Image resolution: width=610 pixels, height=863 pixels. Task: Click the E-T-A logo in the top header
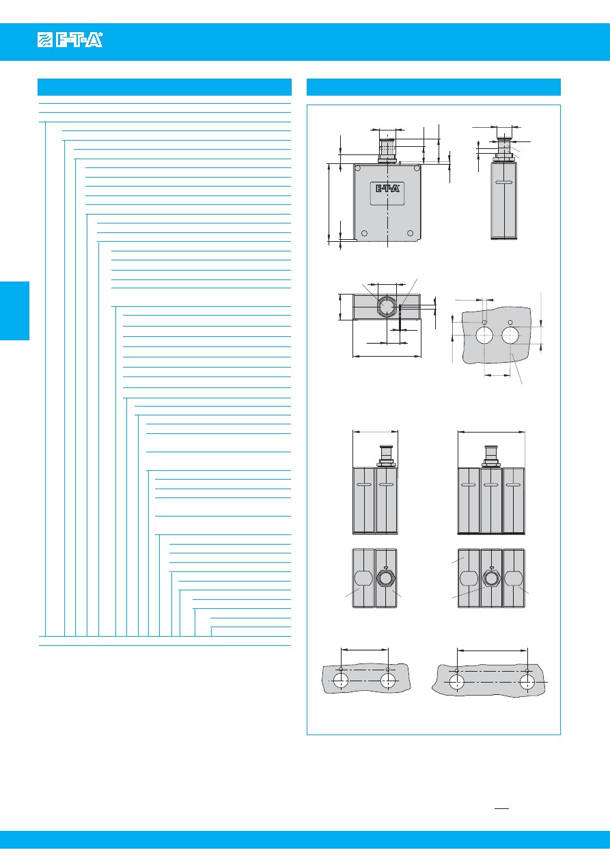tap(70, 40)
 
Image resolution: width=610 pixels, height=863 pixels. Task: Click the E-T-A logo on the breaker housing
tap(387, 189)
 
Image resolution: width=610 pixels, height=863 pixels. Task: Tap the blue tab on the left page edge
tap(14, 310)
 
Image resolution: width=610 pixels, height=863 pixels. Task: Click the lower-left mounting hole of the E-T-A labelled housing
tap(364, 233)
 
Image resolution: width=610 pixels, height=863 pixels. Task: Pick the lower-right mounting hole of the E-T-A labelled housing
tap(410, 233)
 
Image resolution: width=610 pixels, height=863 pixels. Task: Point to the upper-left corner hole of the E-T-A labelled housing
tap(358, 168)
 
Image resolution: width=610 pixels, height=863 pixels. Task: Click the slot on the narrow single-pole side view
tap(503, 182)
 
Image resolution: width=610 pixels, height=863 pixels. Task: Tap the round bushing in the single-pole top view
tap(386, 307)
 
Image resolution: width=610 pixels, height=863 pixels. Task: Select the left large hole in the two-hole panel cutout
tap(484, 335)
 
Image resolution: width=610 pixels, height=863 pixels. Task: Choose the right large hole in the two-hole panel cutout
tap(510, 335)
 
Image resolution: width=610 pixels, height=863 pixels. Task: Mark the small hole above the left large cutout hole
tap(484, 322)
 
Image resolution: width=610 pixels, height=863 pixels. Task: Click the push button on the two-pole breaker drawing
tap(386, 456)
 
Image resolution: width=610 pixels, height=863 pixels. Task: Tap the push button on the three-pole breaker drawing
tap(490, 456)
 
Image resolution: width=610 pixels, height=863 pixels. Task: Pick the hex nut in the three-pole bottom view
tap(490, 578)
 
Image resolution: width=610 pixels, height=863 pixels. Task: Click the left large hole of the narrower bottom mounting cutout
tap(341, 681)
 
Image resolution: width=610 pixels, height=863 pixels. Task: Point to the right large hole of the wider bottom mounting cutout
tap(527, 682)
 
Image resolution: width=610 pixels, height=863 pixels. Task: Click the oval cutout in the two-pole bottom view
tap(363, 578)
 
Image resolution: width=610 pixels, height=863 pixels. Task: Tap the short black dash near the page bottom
tap(501, 808)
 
